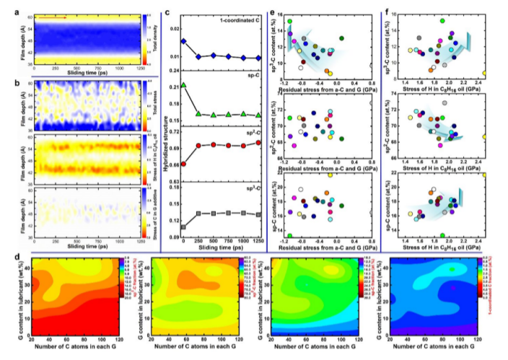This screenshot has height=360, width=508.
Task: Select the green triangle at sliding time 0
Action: [x=184, y=85]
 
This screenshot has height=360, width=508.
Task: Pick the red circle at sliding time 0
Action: [x=184, y=164]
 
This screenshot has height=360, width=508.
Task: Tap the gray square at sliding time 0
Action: [x=184, y=227]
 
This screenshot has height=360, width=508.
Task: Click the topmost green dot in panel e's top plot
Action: [x=290, y=22]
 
